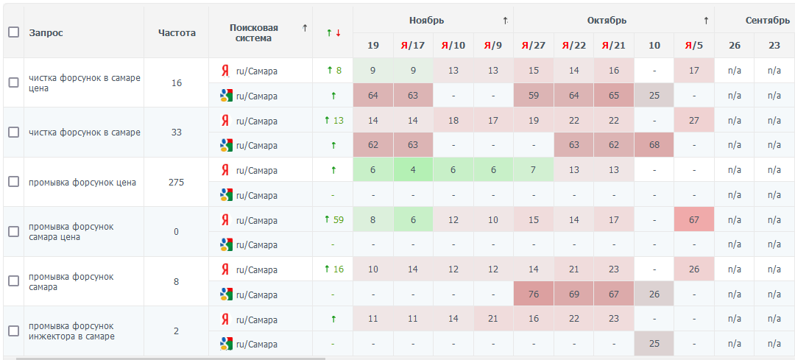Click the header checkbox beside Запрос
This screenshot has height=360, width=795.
point(13,32)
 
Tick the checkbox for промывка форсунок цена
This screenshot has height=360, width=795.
point(13,182)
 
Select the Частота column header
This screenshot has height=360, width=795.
point(177,32)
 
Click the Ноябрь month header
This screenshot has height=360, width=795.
point(427,20)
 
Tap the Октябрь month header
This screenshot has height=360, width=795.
point(607,20)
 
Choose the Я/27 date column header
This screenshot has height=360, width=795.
point(533,46)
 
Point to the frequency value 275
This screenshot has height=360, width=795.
point(177,182)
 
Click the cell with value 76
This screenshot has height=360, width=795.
point(533,294)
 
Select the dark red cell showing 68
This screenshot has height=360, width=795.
point(654,145)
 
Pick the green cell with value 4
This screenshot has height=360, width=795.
point(413,170)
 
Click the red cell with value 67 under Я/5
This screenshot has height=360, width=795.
point(693,219)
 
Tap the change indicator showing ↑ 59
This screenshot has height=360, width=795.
point(333,219)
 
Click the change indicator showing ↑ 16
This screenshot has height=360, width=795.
point(333,269)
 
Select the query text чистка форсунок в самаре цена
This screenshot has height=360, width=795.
point(84,82)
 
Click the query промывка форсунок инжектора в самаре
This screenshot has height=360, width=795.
point(72,331)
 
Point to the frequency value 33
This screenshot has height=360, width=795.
point(177,133)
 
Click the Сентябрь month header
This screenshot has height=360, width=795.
point(768,20)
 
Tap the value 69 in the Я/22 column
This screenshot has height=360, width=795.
point(573,294)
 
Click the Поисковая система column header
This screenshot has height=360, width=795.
point(253,32)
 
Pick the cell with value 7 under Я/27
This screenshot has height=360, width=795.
point(533,170)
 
